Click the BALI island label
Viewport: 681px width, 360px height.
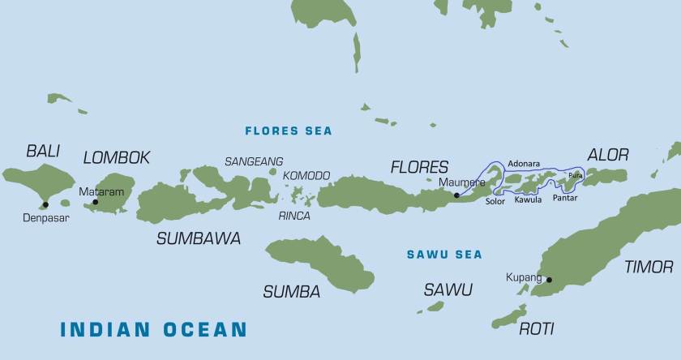tap(43, 151)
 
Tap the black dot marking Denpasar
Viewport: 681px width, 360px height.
tap(45, 204)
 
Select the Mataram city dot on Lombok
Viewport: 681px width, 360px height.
tap(95, 202)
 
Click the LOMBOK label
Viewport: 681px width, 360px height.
tap(117, 157)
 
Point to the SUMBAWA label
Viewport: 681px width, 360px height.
tap(198, 238)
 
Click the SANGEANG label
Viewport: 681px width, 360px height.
tap(254, 161)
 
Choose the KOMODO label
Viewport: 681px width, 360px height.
tap(306, 175)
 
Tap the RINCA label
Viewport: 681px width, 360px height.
tap(293, 216)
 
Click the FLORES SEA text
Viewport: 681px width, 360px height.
tap(289, 131)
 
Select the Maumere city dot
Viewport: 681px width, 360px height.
tap(456, 195)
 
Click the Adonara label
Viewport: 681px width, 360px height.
tap(523, 164)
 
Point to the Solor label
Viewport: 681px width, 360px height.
tap(495, 201)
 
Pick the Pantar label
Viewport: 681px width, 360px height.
tap(565, 198)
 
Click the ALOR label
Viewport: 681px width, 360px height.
tap(607, 155)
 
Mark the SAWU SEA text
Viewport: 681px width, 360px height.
tap(443, 255)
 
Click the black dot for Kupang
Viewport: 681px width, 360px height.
tap(549, 280)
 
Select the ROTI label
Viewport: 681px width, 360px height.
tap(536, 328)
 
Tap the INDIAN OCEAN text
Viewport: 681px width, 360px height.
tap(153, 329)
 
